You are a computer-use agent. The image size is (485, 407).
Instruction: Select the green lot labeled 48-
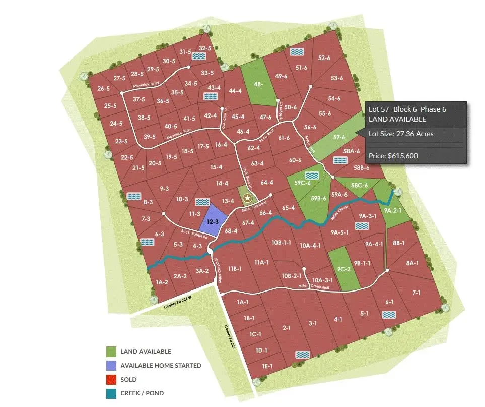[259, 85]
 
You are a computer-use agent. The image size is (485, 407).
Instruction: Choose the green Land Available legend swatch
[111, 352]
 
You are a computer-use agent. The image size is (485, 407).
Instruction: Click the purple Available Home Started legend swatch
[111, 365]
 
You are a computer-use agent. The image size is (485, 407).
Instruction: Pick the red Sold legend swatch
[111, 379]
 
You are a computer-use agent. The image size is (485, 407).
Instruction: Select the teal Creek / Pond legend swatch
[111, 393]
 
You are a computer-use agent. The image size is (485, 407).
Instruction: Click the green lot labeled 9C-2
[343, 269]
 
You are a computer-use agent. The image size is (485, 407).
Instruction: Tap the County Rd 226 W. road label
[178, 302]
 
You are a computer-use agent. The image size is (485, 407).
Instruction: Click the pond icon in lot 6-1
[389, 315]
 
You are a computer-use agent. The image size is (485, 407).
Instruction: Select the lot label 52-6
[324, 58]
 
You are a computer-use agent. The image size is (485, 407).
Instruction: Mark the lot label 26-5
[103, 89]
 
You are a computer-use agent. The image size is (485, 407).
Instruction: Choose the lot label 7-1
[416, 293]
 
